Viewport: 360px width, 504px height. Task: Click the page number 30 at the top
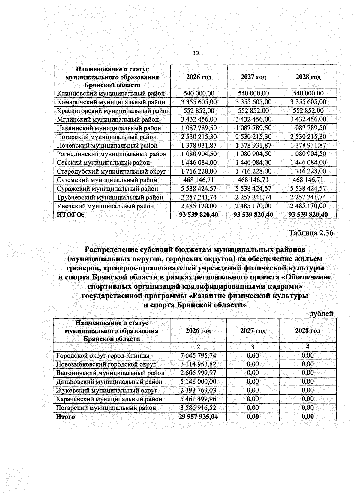click(195, 53)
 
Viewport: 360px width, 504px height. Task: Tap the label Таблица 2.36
click(311, 233)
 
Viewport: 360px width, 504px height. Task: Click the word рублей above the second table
click(321, 314)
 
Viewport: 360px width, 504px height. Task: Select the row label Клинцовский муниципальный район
click(111, 93)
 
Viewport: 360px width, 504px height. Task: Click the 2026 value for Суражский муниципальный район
click(199, 189)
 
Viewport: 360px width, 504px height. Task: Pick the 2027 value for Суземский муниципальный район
click(253, 180)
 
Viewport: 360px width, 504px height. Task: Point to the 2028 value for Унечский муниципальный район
click(308, 206)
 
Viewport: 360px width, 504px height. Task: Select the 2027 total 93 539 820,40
click(253, 215)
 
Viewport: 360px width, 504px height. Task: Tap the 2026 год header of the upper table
click(199, 77)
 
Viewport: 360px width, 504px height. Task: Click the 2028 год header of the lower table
click(308, 331)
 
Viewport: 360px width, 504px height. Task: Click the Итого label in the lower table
click(65, 417)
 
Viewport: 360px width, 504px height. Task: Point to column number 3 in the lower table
click(253, 347)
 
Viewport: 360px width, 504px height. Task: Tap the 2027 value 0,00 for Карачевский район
click(253, 399)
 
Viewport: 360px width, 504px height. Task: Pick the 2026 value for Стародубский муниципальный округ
click(199, 171)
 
